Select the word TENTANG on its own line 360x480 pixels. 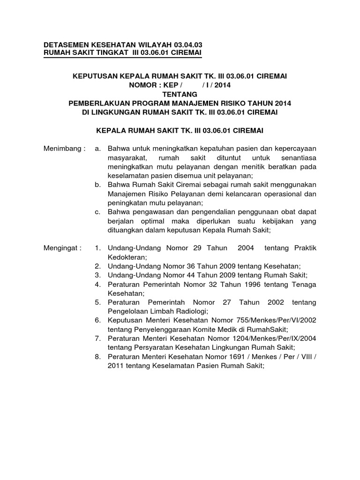180,94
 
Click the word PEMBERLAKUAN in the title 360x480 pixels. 99,104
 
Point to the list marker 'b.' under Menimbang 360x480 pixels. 97,185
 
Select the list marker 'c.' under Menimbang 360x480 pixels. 97,212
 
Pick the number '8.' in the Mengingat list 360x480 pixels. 97,357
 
